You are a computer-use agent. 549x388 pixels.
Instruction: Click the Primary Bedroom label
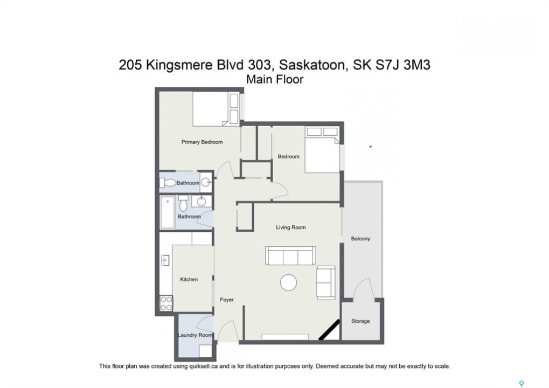pos(202,142)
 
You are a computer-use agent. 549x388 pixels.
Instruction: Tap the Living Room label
pos(290,227)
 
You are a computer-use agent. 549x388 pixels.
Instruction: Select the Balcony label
pos(360,239)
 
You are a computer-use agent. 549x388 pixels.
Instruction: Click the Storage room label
pos(360,321)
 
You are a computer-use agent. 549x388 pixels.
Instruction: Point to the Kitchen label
pos(189,279)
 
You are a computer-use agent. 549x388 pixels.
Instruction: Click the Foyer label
pos(226,300)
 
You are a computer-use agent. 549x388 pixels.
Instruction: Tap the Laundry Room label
pos(195,335)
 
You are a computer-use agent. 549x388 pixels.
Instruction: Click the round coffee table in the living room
pos(288,282)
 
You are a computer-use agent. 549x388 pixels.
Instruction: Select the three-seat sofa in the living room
pos(290,255)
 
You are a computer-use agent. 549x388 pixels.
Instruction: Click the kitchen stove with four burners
pos(166,303)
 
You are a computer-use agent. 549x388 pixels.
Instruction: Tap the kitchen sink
pos(165,260)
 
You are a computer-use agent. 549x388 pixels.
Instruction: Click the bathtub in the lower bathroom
pos(168,212)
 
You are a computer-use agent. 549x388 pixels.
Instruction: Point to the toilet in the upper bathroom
pos(169,183)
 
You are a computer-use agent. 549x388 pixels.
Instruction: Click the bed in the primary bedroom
pos(216,108)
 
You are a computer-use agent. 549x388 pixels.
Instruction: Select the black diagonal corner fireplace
pos(329,329)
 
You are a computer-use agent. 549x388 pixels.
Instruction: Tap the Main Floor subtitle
pos(275,79)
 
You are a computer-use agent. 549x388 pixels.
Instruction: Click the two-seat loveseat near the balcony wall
pos(325,282)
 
